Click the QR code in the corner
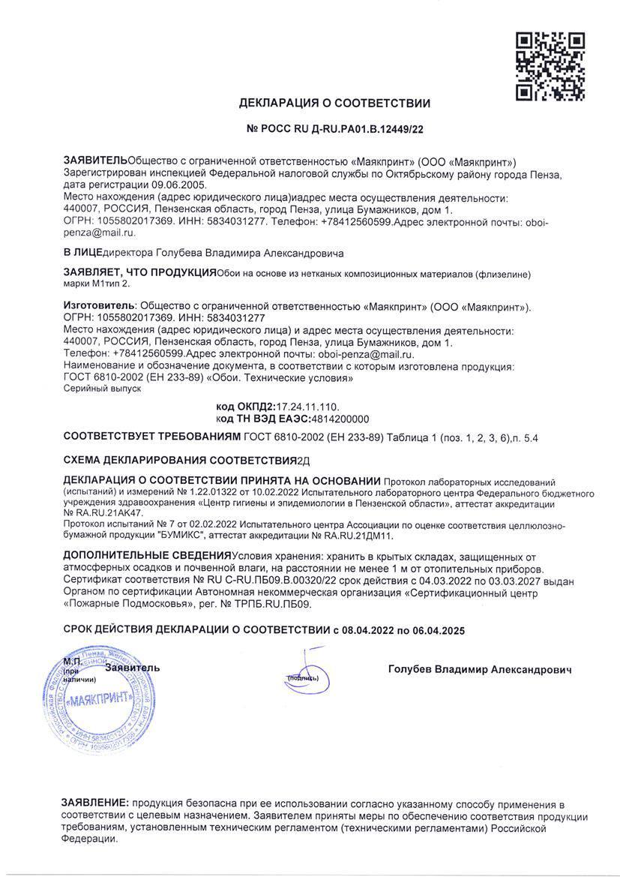coord(550,67)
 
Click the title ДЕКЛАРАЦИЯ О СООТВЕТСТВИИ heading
coord(334,104)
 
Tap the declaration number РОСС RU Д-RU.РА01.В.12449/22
coord(334,129)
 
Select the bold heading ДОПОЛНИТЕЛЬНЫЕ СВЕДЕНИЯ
coord(147,556)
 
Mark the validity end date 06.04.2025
coord(439,631)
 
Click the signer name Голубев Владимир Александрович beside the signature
coord(480,669)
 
